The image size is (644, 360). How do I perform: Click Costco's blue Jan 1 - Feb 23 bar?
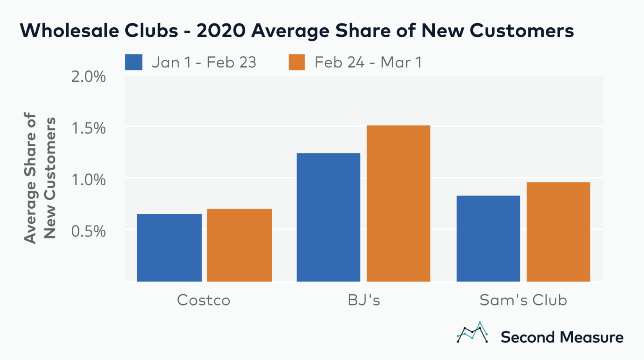point(169,247)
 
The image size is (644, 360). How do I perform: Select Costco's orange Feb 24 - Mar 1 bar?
point(239,245)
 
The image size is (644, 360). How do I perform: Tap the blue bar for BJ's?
point(328,217)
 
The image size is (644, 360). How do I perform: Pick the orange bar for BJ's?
point(398,203)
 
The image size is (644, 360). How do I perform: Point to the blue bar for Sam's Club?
point(488,238)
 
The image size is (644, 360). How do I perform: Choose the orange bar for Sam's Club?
point(558,232)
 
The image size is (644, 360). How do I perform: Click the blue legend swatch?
point(134,62)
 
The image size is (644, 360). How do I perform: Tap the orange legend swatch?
point(297,62)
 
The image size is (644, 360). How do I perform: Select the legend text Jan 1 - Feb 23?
point(204,62)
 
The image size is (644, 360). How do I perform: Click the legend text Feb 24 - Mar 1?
point(368,62)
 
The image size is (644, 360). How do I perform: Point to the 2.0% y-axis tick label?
point(88,77)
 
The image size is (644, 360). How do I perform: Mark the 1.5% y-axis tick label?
point(88,128)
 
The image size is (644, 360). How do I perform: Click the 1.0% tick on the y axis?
point(88,180)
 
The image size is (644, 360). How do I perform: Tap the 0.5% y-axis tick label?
point(88,231)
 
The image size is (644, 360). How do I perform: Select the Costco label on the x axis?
point(204,300)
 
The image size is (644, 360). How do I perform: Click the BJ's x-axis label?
point(364,300)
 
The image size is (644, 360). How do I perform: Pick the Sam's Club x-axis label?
point(523,300)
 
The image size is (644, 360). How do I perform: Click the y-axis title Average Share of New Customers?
point(39,178)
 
